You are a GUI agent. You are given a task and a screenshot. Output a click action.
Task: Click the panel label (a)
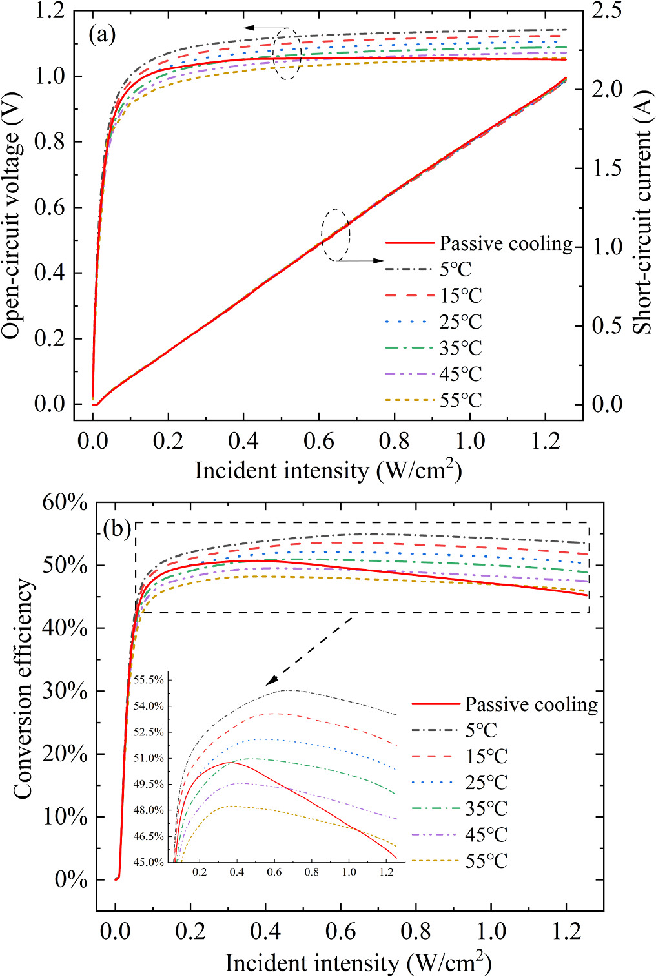(x=102, y=34)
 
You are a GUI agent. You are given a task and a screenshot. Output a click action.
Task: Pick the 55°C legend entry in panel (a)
(x=460, y=400)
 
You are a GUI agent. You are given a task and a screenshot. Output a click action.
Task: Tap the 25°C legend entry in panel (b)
(x=486, y=783)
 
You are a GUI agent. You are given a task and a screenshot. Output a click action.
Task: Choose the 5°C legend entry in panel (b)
(x=481, y=730)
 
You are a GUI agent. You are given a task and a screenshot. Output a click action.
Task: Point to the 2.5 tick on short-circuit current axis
(x=607, y=11)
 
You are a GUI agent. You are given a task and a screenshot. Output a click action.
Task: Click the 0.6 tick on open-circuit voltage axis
(x=51, y=207)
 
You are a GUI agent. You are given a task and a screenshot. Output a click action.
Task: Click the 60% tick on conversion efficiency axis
(x=65, y=502)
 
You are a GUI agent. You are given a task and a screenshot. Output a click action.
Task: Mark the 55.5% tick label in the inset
(x=149, y=680)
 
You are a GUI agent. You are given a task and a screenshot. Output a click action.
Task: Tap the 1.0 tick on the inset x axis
(x=349, y=872)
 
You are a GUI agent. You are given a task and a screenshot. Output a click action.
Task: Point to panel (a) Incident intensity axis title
(x=328, y=470)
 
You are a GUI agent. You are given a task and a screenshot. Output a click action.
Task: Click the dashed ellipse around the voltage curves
(x=287, y=54)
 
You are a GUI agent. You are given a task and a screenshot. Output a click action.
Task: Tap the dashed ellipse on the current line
(x=336, y=235)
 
